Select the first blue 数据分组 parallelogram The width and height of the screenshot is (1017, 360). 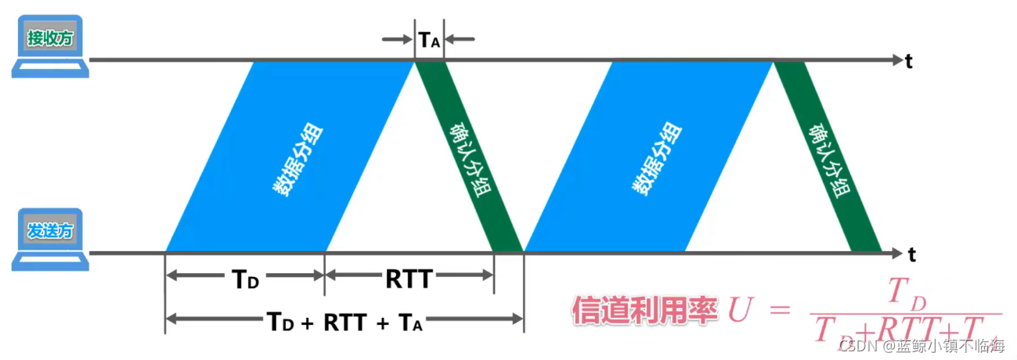pos(290,157)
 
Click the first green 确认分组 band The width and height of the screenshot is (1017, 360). pos(467,157)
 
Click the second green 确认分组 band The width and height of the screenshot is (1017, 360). pos(828,157)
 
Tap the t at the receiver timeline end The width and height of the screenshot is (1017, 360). pos(909,62)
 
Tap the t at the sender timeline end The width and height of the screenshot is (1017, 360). pos(912,254)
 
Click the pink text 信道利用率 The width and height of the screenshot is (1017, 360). pos(644,311)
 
